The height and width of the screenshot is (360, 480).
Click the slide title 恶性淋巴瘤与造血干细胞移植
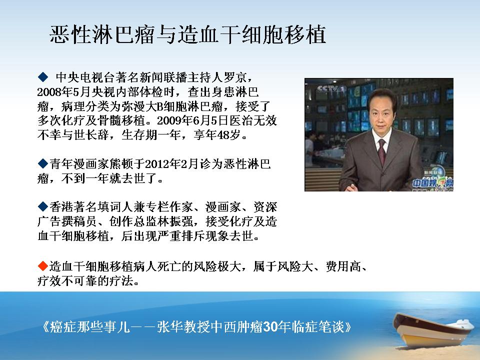[187, 34]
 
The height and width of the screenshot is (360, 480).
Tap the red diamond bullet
[43, 266]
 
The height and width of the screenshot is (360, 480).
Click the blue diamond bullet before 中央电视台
[43, 76]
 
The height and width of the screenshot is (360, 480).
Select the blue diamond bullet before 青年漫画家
[43, 163]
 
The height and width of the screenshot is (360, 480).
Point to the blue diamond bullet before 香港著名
[43, 206]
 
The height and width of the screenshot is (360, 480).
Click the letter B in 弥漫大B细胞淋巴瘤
[160, 106]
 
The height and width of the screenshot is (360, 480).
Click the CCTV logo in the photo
[331, 89]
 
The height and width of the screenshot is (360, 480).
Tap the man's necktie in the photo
[381, 152]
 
